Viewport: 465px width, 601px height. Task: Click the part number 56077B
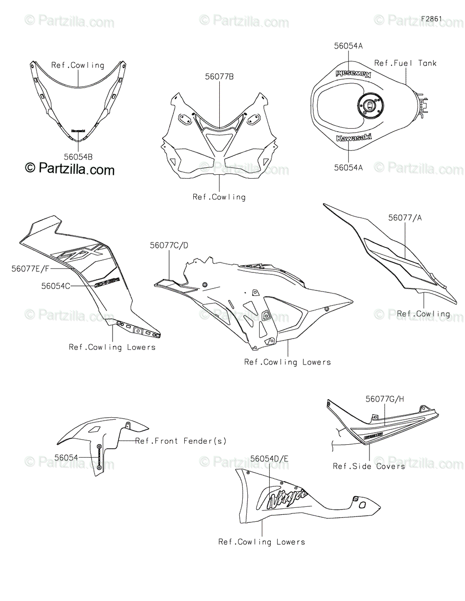219,77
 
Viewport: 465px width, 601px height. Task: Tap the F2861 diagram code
431,19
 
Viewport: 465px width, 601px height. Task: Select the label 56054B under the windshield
78,157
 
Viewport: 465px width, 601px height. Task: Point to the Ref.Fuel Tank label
405,63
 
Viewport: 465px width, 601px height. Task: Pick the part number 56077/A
405,218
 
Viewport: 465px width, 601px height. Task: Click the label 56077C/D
170,245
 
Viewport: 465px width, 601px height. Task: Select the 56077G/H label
384,399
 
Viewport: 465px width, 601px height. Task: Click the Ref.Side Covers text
369,466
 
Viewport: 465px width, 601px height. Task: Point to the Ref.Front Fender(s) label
181,441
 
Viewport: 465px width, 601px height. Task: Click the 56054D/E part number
269,458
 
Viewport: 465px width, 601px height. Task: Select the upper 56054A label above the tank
348,46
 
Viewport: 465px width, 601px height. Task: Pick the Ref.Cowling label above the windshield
78,65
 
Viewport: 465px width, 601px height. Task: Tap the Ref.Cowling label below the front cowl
219,197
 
